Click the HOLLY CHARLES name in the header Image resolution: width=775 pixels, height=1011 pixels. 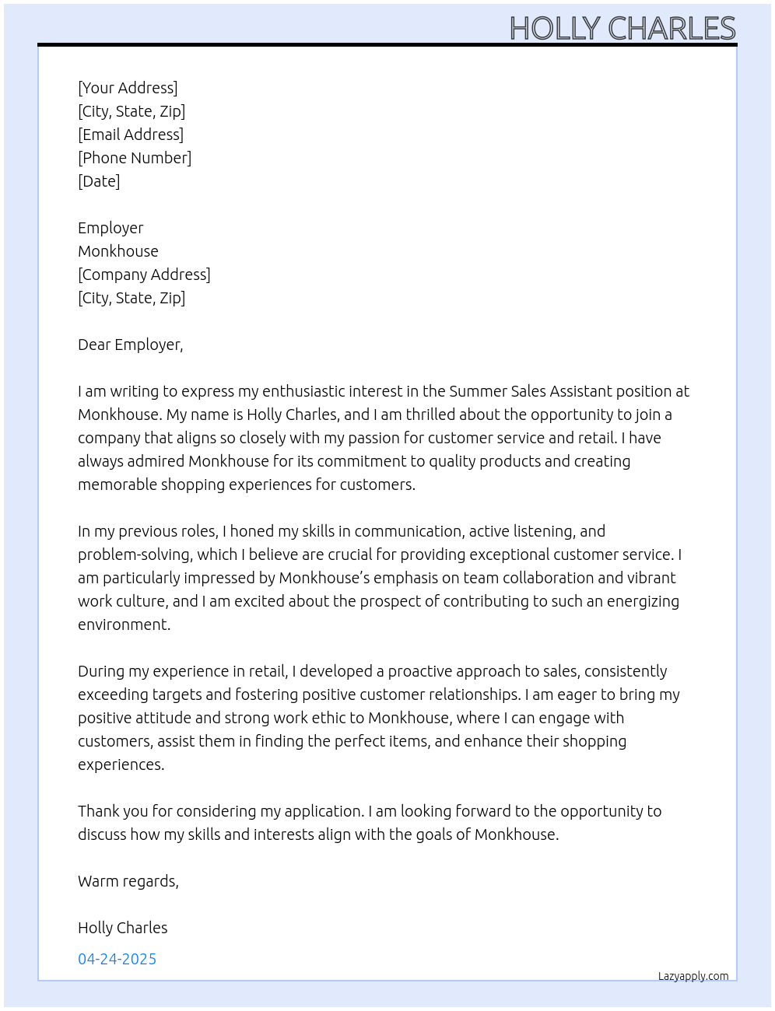click(622, 28)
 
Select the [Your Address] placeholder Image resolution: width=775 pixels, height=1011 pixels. click(128, 88)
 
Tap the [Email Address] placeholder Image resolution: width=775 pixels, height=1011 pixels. click(131, 135)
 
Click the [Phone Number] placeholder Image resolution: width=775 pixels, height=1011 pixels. click(135, 158)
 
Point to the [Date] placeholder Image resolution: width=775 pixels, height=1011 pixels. click(99, 181)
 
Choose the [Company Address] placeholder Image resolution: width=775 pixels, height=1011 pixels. click(144, 275)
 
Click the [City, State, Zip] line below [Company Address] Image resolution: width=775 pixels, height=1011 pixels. click(132, 298)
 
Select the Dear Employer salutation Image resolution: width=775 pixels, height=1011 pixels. click(130, 345)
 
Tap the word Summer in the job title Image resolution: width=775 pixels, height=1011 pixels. click(478, 391)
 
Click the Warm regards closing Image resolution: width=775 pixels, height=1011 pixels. click(128, 881)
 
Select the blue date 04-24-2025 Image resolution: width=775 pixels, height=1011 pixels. click(117, 959)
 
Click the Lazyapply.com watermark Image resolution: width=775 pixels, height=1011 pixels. click(693, 976)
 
